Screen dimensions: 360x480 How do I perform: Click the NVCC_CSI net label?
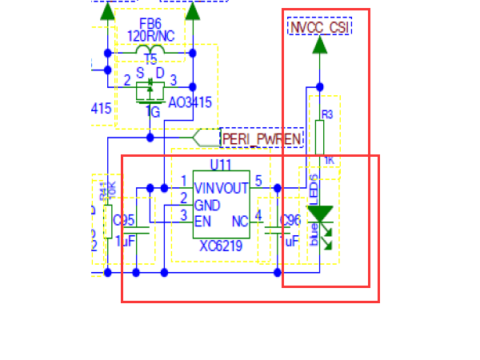320,28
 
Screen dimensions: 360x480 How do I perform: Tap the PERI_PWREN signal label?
262,138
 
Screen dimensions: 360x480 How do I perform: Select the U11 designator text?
221,165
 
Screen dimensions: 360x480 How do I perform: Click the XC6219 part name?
221,247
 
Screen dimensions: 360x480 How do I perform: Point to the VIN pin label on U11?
205,188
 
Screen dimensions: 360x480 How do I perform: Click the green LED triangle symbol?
320,214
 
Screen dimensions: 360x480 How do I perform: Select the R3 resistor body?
320,138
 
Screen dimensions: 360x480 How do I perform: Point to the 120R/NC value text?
150,36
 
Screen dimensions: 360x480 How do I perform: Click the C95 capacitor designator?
124,220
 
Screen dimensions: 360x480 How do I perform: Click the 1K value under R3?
327,162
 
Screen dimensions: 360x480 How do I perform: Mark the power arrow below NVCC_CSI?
320,46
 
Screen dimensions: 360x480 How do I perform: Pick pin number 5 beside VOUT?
258,181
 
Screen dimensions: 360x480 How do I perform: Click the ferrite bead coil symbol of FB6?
150,53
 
